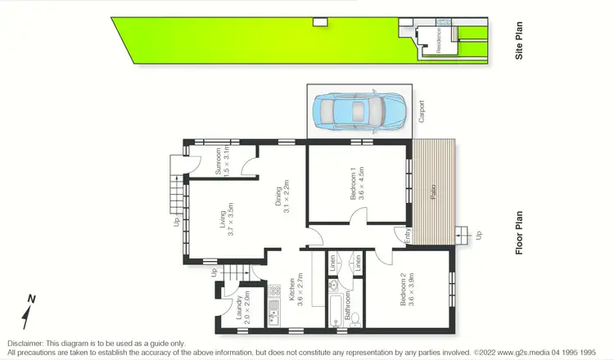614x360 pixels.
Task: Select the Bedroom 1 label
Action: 355,184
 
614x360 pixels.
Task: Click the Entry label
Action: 409,236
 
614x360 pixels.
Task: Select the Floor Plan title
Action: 519,234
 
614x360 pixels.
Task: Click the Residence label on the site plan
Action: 438,39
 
